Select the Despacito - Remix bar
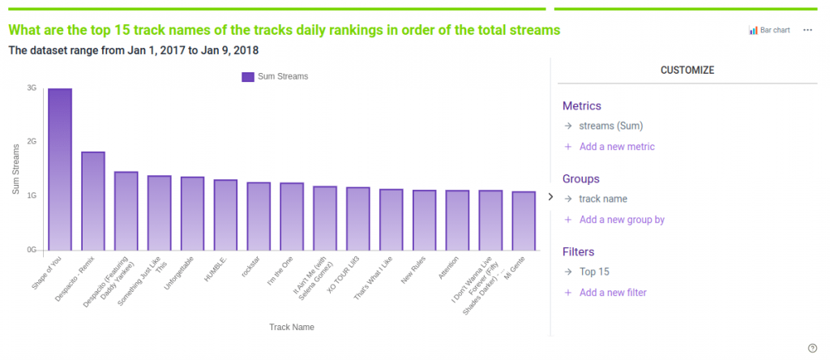93,200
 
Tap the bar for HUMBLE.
225,215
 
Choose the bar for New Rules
424,220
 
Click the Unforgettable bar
192,213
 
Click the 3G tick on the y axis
32,88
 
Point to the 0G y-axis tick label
32,250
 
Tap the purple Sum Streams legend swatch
248,77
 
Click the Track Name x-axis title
292,327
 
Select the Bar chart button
769,30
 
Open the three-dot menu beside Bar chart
807,30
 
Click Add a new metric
616,147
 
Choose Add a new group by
622,220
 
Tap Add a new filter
612,293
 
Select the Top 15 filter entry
594,272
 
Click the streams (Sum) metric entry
611,126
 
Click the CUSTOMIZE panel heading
687,71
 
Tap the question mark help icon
812,348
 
